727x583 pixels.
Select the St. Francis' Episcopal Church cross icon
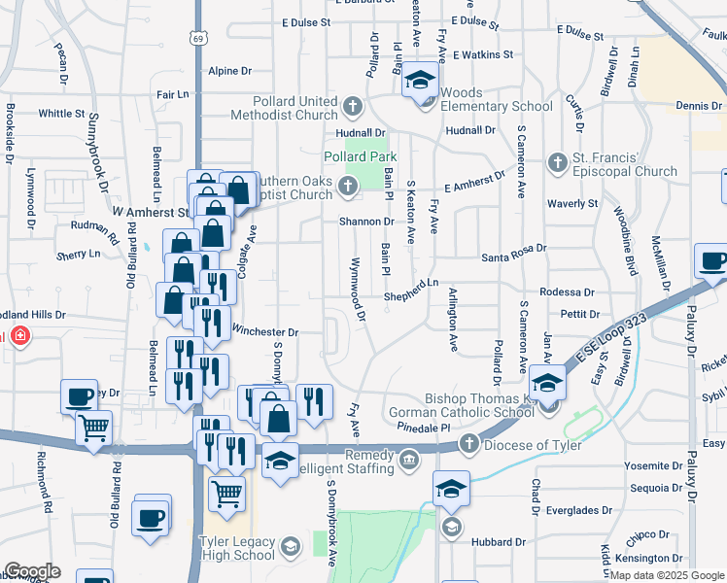[x=558, y=160]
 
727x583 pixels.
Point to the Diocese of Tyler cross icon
[x=468, y=445]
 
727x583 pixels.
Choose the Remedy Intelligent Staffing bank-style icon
[x=409, y=458]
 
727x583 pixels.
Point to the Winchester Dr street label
[x=263, y=331]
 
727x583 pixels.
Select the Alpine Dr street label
[x=230, y=71]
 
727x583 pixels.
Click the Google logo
[x=31, y=571]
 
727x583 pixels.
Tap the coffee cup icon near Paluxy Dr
[x=712, y=261]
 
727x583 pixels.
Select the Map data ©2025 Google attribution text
[x=666, y=575]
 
